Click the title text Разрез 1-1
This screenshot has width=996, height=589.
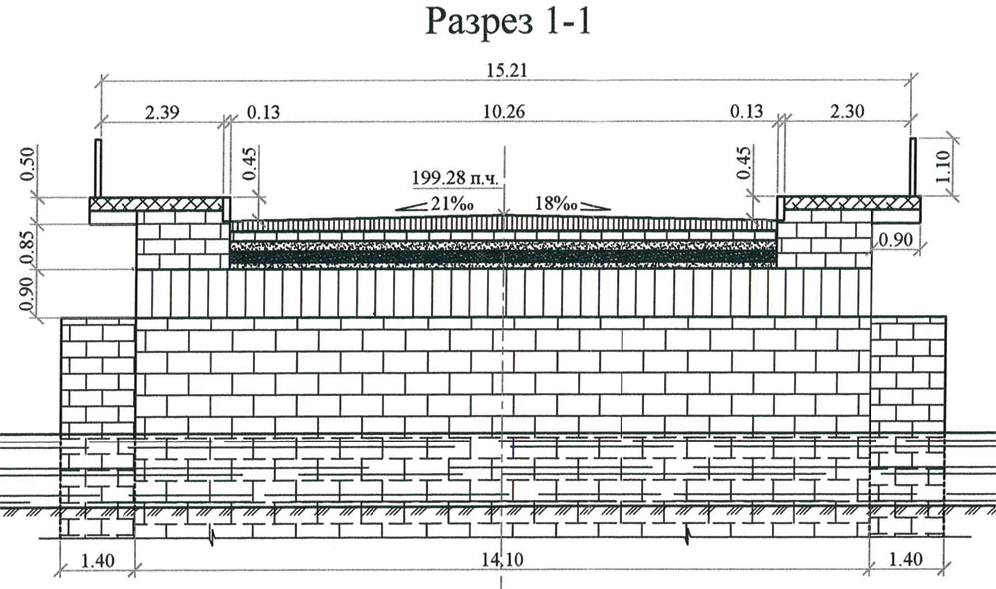tap(509, 22)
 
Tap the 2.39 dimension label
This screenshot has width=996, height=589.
tap(162, 113)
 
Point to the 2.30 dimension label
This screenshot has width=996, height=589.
tap(845, 113)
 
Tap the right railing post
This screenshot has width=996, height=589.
tap(912, 167)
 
